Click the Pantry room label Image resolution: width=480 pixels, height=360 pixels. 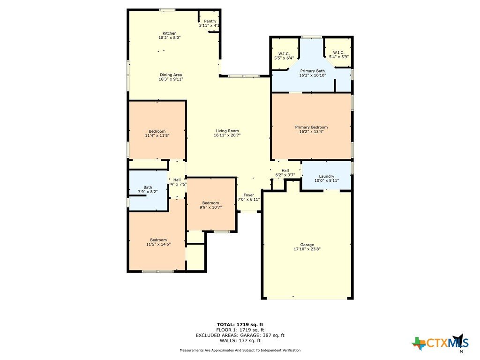210,21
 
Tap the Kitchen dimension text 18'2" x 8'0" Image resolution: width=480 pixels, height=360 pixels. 170,37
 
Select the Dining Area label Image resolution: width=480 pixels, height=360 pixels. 171,75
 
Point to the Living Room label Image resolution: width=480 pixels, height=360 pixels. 227,131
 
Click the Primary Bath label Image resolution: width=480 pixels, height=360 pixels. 313,71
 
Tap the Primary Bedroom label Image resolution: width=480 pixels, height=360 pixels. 311,127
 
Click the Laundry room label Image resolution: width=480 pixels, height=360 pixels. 327,176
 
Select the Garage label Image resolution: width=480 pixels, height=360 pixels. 307,245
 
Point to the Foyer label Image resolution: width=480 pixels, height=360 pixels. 249,195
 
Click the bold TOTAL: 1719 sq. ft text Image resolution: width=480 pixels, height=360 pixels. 240,324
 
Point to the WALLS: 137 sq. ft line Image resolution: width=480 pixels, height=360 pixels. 240,340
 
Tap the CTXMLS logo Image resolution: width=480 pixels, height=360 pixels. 440,342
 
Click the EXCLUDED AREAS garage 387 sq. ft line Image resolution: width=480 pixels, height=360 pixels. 240,335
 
